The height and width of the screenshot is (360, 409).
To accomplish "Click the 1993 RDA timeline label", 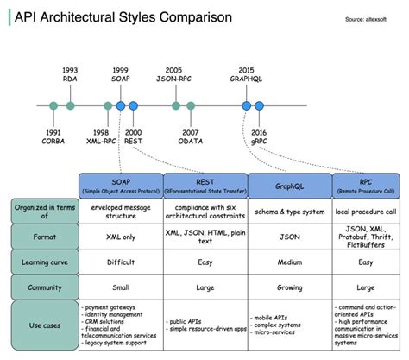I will point(70,75).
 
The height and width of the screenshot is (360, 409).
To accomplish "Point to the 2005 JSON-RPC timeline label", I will point(175,75).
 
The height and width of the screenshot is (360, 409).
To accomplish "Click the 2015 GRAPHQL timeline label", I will point(245,75).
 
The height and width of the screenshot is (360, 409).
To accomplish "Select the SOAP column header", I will point(120,185).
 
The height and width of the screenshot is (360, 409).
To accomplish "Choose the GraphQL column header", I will point(290,185).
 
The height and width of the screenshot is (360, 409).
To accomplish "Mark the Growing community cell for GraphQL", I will point(290,286).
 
